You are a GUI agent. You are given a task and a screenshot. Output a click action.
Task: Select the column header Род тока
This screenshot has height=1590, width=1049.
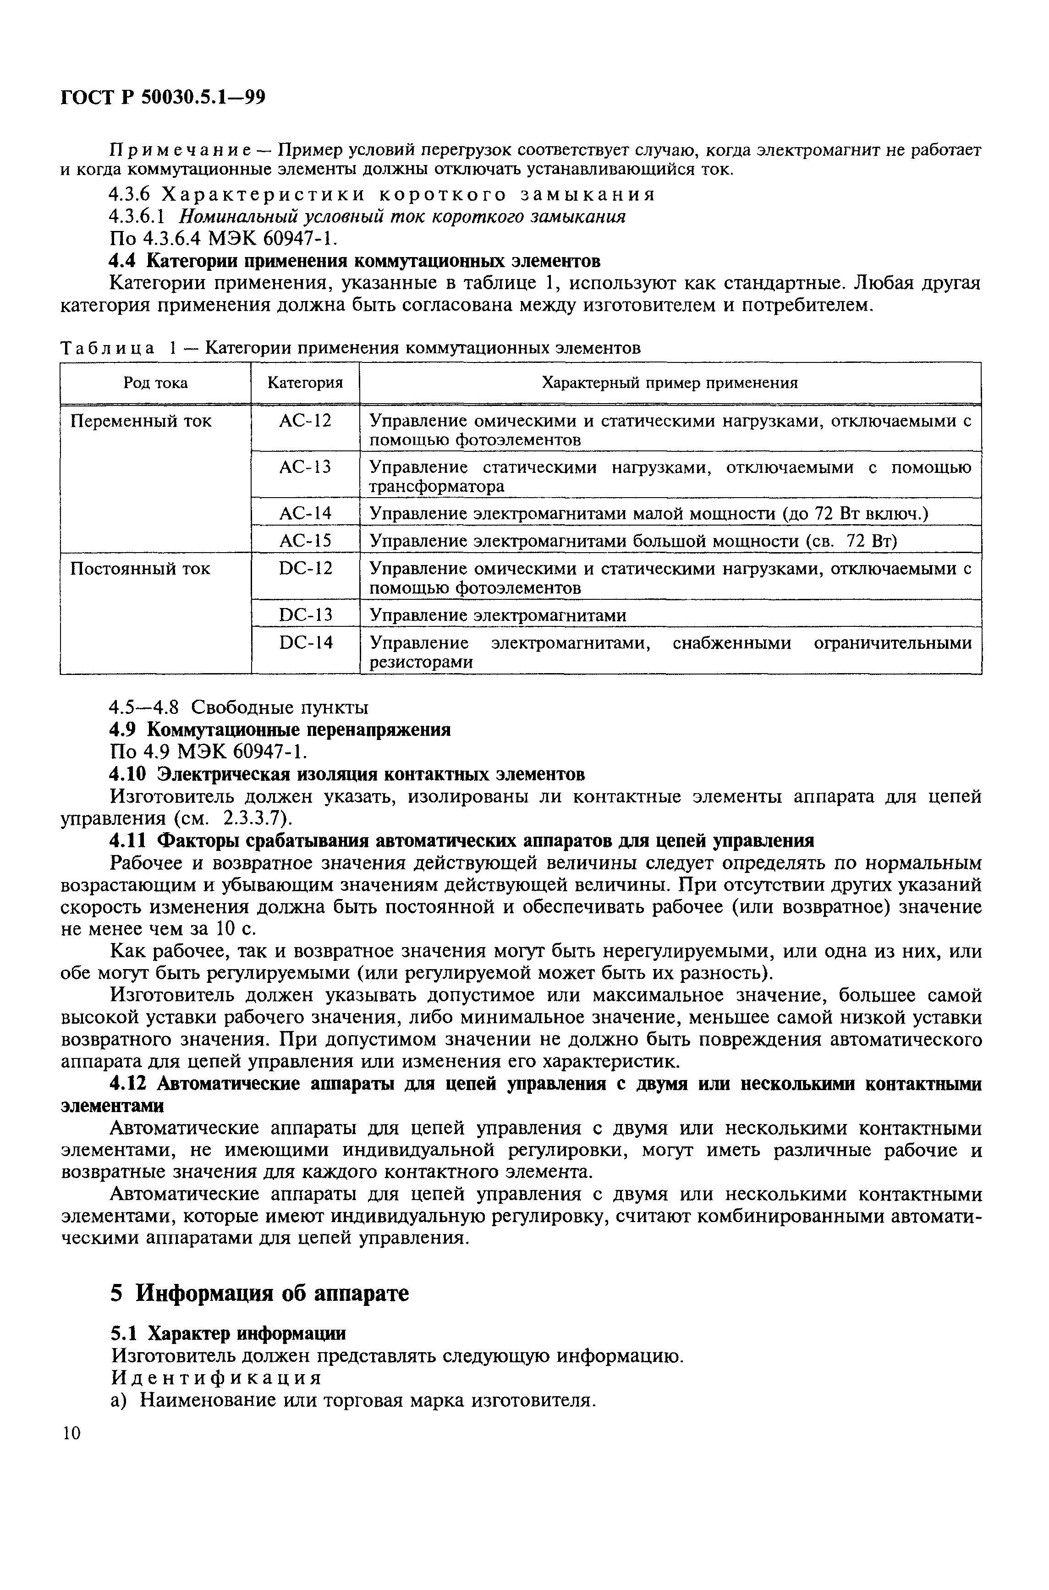point(155,383)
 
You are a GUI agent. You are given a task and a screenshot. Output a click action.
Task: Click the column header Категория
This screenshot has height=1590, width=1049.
point(305,383)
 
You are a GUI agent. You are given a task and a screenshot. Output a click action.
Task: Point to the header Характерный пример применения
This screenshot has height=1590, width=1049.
point(669,383)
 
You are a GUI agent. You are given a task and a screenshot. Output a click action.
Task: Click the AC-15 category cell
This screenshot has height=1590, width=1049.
point(305,540)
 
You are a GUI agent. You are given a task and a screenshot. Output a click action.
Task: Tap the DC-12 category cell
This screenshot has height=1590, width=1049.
point(305,569)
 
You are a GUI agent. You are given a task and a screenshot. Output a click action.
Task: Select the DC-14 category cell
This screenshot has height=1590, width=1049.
point(305,643)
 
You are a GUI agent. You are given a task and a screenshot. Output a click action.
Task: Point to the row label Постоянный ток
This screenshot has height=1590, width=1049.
point(140,569)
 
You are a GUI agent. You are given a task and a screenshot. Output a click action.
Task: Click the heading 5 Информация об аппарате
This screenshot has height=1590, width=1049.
point(259,1293)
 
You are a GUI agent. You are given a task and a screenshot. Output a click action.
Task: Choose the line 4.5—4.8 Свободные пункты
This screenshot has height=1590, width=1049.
point(239,707)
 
